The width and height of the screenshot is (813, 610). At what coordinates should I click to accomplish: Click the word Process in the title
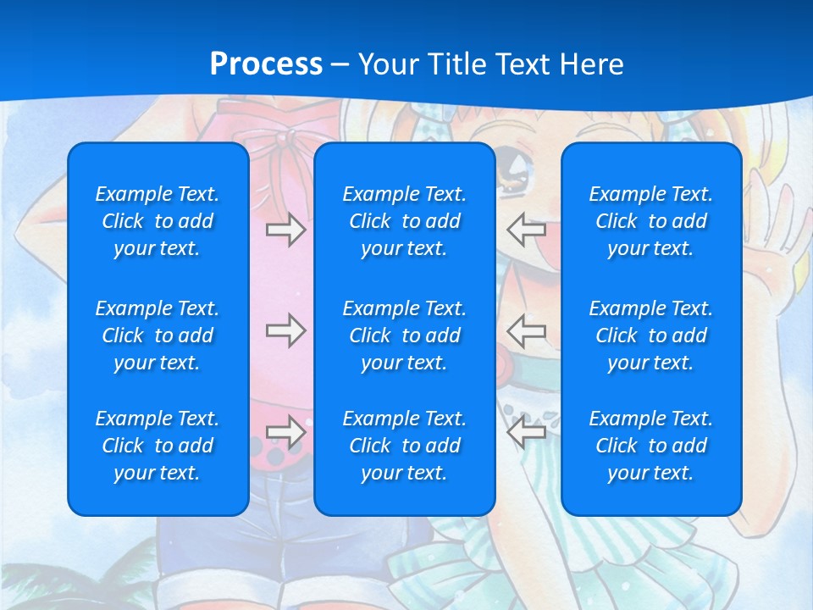pos(266,64)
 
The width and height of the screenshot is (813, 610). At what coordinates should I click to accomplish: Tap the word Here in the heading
pos(591,64)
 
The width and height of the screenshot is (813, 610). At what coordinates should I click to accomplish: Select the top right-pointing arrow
pos(285,230)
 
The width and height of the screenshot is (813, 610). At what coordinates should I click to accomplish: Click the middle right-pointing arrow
pos(285,330)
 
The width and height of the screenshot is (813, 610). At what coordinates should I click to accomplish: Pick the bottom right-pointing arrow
pos(285,432)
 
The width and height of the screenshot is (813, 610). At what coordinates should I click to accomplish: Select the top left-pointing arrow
pos(526,228)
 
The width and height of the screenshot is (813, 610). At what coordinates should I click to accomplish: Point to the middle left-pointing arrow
pos(526,330)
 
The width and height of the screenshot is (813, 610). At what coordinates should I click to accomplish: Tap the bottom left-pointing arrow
pos(526,431)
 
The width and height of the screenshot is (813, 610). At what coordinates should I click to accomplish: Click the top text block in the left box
pos(158,221)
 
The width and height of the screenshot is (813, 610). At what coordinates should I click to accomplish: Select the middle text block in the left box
pos(158,335)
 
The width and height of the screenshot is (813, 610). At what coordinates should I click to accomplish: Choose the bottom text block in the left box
pos(158,446)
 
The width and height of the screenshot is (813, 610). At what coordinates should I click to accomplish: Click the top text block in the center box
pos(404,221)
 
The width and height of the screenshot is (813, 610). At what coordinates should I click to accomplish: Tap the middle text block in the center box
pos(404,335)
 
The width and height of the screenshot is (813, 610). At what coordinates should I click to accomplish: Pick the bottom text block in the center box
pos(404,446)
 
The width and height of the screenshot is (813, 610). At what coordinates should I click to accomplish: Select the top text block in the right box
pos(650,221)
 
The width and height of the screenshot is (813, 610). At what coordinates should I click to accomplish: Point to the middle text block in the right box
pos(650,335)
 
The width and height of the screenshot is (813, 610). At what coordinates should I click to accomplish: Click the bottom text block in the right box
pos(650,446)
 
